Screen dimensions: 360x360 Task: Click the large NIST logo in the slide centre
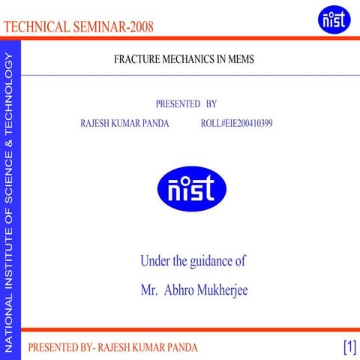click(x=186, y=188)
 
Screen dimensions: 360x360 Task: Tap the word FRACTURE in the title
click(x=134, y=58)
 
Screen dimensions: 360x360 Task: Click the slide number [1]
click(x=349, y=346)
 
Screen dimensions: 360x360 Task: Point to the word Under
click(x=154, y=262)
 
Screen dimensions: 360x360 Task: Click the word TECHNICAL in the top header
click(x=37, y=28)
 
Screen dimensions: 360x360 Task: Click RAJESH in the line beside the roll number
click(x=96, y=123)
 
